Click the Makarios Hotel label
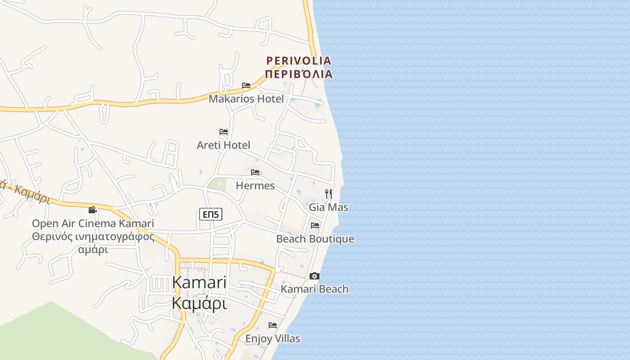(246, 99)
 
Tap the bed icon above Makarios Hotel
(246, 85)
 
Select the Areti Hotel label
(224, 145)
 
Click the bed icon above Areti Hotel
(224, 132)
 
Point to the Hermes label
(255, 185)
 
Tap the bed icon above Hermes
(255, 172)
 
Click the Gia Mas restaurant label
(328, 207)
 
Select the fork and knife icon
(328, 194)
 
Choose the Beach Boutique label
(315, 239)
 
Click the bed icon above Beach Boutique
(315, 225)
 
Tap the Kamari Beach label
(315, 289)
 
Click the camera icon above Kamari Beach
(315, 276)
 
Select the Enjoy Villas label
(273, 338)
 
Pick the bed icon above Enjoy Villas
(273, 325)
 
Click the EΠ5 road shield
(211, 215)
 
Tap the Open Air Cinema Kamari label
(93, 224)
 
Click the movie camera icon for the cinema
(92, 210)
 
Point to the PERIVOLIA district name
(299, 61)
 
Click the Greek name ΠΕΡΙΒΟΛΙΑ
(299, 74)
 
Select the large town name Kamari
(199, 283)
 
